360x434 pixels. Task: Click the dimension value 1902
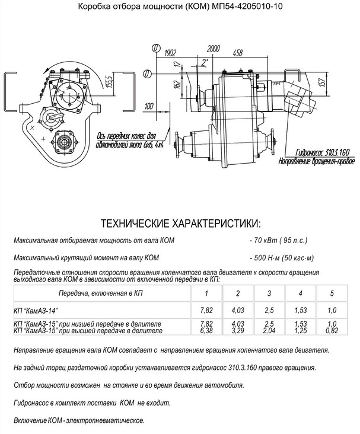(170, 53)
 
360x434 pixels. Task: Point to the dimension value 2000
(214, 49)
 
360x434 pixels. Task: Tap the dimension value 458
(238, 53)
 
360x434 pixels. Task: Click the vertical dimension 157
(323, 82)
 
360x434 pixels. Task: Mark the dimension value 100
(149, 106)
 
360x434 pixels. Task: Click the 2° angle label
(205, 62)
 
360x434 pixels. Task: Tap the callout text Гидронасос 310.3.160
(323, 152)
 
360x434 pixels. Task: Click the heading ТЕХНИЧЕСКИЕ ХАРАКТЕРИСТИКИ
(181, 224)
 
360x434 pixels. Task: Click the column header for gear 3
(269, 293)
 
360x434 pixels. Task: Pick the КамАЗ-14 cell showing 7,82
(206, 310)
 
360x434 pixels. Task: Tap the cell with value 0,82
(332, 330)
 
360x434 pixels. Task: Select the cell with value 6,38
(206, 330)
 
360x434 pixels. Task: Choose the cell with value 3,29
(238, 330)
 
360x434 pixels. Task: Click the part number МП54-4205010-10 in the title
(247, 6)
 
